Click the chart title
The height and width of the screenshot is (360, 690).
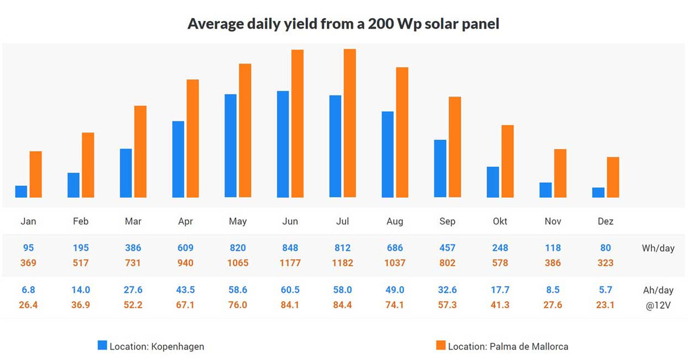coord(343,24)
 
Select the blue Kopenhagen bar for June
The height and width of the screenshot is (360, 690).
coord(282,144)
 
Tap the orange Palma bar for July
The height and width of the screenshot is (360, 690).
coord(350,123)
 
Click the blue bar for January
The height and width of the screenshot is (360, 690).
coord(21,192)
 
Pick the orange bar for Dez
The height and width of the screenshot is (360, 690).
coord(613,177)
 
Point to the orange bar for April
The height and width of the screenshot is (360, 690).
coord(193,139)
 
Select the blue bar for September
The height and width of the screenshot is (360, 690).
coord(440,169)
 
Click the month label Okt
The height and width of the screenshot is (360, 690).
coord(500,221)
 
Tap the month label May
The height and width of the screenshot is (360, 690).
coord(238,221)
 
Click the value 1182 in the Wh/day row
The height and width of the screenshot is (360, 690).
coord(343,263)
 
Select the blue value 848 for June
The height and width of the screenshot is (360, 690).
coord(290,248)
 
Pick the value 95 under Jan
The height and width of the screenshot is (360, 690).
coord(28,248)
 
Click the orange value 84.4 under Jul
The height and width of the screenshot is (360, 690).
coord(343,305)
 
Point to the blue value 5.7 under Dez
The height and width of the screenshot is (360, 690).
coord(605,290)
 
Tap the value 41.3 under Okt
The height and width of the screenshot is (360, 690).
coord(500,305)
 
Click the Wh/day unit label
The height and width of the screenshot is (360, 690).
coord(658,249)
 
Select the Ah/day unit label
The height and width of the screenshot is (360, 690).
coord(658,290)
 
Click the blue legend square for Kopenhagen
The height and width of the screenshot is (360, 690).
coord(102,345)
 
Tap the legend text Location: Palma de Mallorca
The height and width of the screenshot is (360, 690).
coord(508,346)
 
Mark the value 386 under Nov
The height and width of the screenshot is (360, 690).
coord(552,263)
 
